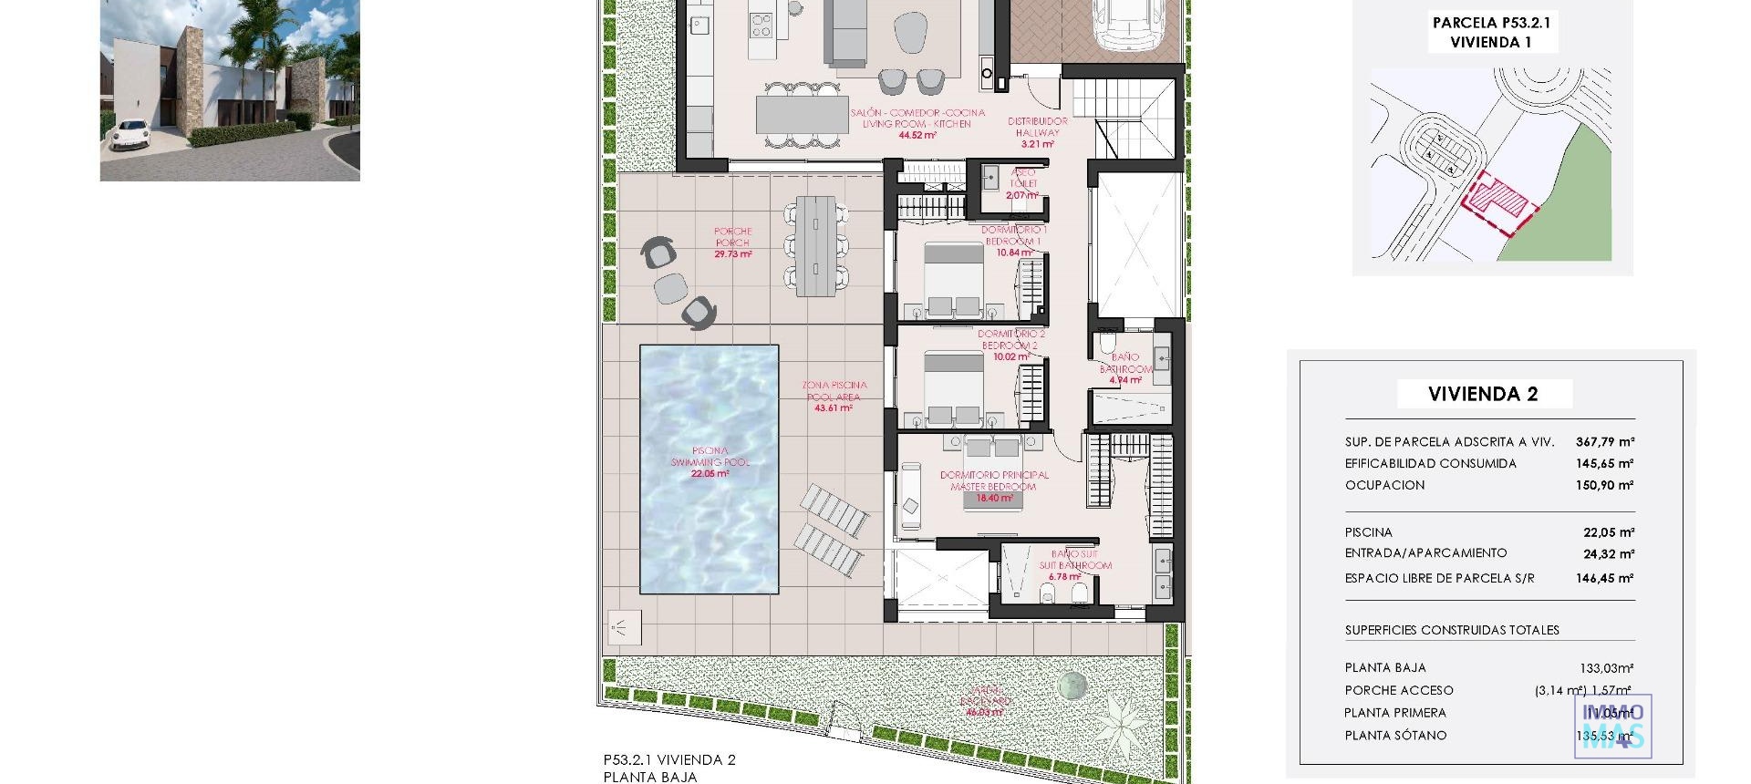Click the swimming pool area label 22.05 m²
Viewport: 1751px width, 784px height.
pyautogui.click(x=710, y=473)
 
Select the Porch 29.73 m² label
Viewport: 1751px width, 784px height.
pyautogui.click(x=732, y=242)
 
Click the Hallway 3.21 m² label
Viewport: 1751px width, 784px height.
pyautogui.click(x=1037, y=132)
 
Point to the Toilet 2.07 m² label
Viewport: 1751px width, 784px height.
pyautogui.click(x=1022, y=183)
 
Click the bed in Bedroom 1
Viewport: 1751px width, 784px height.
pyautogui.click(x=954, y=280)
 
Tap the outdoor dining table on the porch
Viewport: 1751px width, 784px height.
pyautogui.click(x=814, y=246)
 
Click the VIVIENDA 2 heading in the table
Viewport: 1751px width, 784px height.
pyautogui.click(x=1483, y=394)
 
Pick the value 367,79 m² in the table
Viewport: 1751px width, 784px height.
pyautogui.click(x=1604, y=441)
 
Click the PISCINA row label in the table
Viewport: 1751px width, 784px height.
pyautogui.click(x=1368, y=532)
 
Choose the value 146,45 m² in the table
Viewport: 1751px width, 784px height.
pyautogui.click(x=1604, y=578)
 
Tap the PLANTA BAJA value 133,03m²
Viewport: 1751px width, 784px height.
pyautogui.click(x=1606, y=668)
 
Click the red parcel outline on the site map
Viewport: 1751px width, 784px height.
pyautogui.click(x=1496, y=205)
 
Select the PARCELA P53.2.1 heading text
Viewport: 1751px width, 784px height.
pyautogui.click(x=1491, y=24)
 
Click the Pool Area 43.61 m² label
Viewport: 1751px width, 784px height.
pyautogui.click(x=834, y=397)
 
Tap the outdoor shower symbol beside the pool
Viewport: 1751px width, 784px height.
pyautogui.click(x=624, y=627)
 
